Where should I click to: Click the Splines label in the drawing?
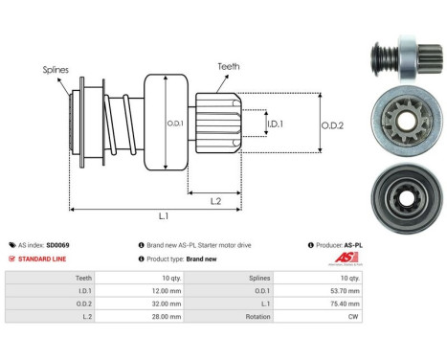[56, 70]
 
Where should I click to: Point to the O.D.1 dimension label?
[174, 122]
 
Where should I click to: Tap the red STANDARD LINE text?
[44, 259]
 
